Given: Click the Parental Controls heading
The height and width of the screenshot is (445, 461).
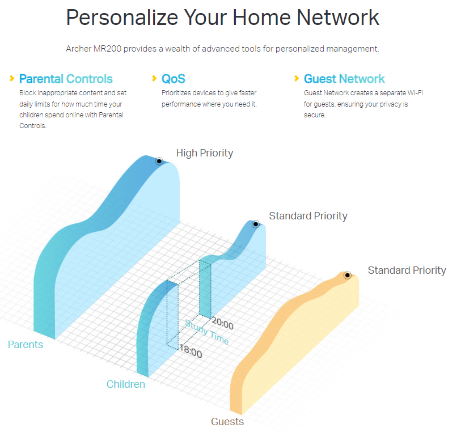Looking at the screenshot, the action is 66,79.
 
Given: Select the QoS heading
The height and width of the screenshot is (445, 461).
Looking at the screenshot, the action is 174,79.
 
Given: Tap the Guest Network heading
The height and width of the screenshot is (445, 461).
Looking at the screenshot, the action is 344,79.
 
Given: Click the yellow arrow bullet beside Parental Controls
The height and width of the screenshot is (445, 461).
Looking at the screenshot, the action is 12,78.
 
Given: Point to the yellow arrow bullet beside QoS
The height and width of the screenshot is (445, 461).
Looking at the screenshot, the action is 154,78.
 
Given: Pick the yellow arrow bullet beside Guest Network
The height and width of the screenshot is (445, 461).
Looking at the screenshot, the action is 297,78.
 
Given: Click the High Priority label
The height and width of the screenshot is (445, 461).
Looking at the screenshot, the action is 205,153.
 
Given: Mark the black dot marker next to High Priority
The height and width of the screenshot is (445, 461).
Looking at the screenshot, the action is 159,161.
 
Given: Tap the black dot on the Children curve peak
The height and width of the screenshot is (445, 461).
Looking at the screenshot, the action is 256,224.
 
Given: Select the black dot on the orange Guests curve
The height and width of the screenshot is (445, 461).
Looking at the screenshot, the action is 348,276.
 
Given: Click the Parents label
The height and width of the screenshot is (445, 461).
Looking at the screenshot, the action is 26,345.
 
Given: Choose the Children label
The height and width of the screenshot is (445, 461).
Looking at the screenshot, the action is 126,384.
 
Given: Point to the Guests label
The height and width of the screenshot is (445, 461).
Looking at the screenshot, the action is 227,422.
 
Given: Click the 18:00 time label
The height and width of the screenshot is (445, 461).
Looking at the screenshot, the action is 191,351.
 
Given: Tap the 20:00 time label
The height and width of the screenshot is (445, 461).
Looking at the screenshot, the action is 223,323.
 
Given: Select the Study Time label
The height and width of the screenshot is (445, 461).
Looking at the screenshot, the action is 207,332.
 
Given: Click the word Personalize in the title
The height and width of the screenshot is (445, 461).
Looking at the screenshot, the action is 122,18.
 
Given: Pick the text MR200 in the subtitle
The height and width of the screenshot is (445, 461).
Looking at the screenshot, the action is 107,49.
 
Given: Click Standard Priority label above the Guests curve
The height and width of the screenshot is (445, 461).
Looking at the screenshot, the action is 407,270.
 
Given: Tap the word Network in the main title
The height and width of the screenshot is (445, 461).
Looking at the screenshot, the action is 338,18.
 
